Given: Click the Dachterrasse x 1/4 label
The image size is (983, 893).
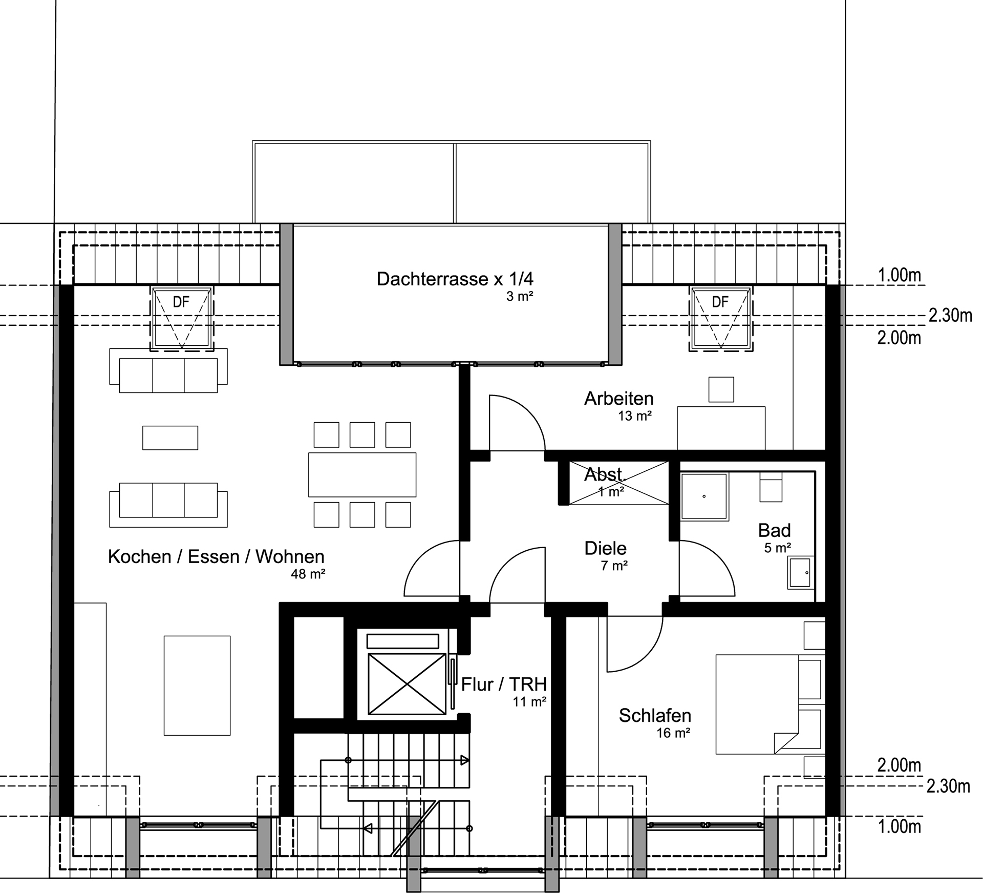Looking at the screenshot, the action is pos(455,279).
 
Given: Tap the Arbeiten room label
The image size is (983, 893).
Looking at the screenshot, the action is pos(618,399).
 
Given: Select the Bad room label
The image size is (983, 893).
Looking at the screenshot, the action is pos(774,530).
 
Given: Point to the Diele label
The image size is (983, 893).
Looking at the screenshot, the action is pos(605,548).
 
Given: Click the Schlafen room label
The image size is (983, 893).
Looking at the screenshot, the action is pos(655,715).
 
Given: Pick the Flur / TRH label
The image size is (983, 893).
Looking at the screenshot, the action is pos(504,684).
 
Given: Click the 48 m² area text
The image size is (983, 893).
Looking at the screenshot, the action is pos(308,574).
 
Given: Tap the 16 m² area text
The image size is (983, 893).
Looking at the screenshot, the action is pos(673,733).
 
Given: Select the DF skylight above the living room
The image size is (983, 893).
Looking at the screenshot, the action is pos(182,319).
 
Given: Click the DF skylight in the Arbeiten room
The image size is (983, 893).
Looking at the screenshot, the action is pos(721,319).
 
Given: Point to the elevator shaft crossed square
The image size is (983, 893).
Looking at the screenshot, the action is pos(407,684).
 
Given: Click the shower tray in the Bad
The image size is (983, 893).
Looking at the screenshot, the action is pos(704,496).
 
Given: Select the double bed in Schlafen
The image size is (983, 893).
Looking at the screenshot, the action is pos(757,704).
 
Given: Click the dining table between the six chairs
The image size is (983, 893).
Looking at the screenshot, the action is pos(362,474).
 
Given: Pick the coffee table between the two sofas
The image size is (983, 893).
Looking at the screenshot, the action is pos(170,438).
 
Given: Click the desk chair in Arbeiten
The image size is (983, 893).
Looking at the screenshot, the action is pos(721,389).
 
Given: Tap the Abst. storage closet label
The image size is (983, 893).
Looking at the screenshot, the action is pos(605,474).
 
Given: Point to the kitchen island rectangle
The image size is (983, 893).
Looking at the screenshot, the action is pos(197,686).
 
